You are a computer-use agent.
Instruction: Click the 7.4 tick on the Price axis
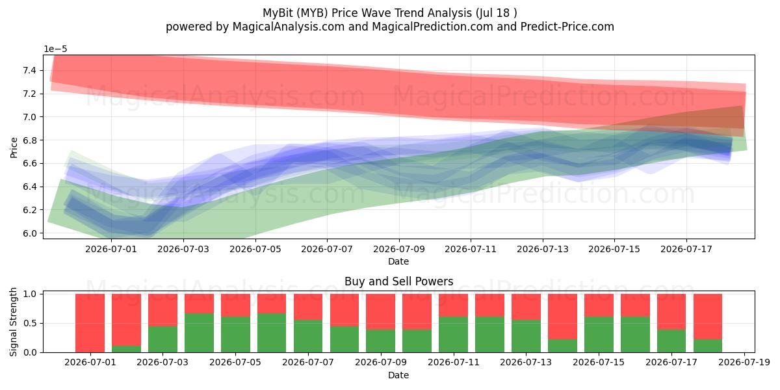[29, 71]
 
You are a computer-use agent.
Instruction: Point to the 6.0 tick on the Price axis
[29, 233]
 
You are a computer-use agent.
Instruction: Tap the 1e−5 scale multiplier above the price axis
[55, 49]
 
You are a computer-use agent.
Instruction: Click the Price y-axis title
[14, 148]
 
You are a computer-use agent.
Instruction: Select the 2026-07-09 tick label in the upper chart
[399, 250]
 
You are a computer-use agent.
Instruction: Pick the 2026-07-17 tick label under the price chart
[686, 250]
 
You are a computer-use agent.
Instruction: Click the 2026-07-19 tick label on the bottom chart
[744, 363]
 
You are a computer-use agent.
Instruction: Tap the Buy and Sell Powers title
[398, 281]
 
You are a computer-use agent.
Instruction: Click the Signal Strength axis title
[13, 322]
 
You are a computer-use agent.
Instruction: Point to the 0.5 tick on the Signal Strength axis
[30, 323]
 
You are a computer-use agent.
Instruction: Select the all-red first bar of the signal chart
[90, 323]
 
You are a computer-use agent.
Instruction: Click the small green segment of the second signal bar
[126, 349]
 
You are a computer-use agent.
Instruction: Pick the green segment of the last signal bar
[708, 346]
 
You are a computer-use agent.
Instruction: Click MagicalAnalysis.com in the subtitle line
[289, 27]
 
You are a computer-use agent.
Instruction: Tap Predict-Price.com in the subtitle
[567, 27]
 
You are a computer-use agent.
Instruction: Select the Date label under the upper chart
[398, 261]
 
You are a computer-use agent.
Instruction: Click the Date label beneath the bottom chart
[398, 375]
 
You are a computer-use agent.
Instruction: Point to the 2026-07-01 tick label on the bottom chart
[90, 363]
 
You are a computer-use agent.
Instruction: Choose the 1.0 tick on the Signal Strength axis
[30, 294]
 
